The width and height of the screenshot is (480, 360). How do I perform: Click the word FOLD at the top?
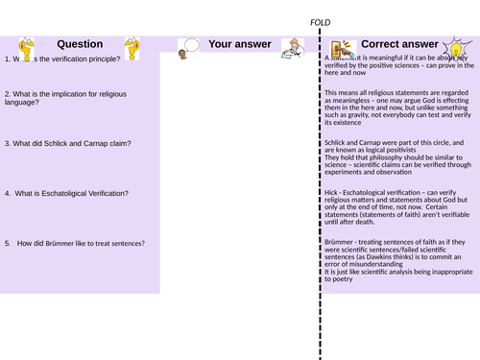(x=320, y=22)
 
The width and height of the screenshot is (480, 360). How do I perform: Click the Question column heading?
(x=80, y=44)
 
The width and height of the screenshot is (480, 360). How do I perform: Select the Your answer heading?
(x=235, y=44)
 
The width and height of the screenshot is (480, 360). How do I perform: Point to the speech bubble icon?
(x=188, y=45)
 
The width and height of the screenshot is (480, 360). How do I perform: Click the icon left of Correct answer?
(x=338, y=48)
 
